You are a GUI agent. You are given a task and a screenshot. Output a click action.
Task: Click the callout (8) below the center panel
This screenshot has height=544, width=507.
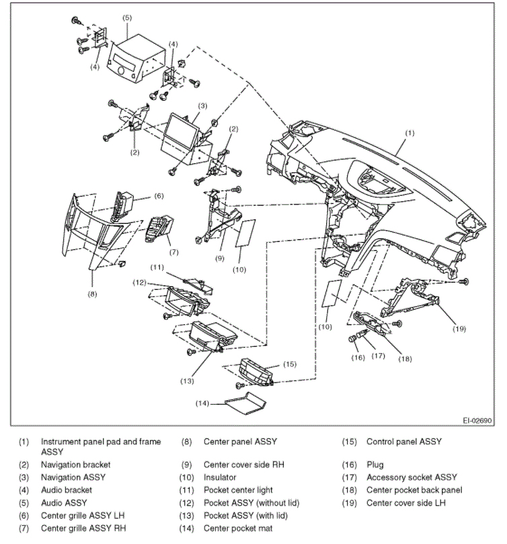[92, 293]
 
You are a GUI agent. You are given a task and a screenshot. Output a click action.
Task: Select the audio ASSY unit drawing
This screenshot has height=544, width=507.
[138, 61]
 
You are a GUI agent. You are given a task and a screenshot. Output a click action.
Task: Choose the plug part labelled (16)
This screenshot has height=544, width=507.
[352, 338]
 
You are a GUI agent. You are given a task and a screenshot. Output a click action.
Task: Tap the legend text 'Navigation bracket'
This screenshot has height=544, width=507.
[75, 465]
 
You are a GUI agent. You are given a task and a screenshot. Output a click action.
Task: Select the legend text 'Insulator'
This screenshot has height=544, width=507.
[221, 477]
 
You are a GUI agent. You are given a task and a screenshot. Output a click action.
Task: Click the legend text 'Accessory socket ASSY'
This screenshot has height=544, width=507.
[411, 477]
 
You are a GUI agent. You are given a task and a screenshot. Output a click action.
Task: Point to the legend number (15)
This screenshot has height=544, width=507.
[350, 442]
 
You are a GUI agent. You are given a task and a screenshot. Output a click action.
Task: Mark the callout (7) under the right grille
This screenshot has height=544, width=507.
[173, 253]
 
